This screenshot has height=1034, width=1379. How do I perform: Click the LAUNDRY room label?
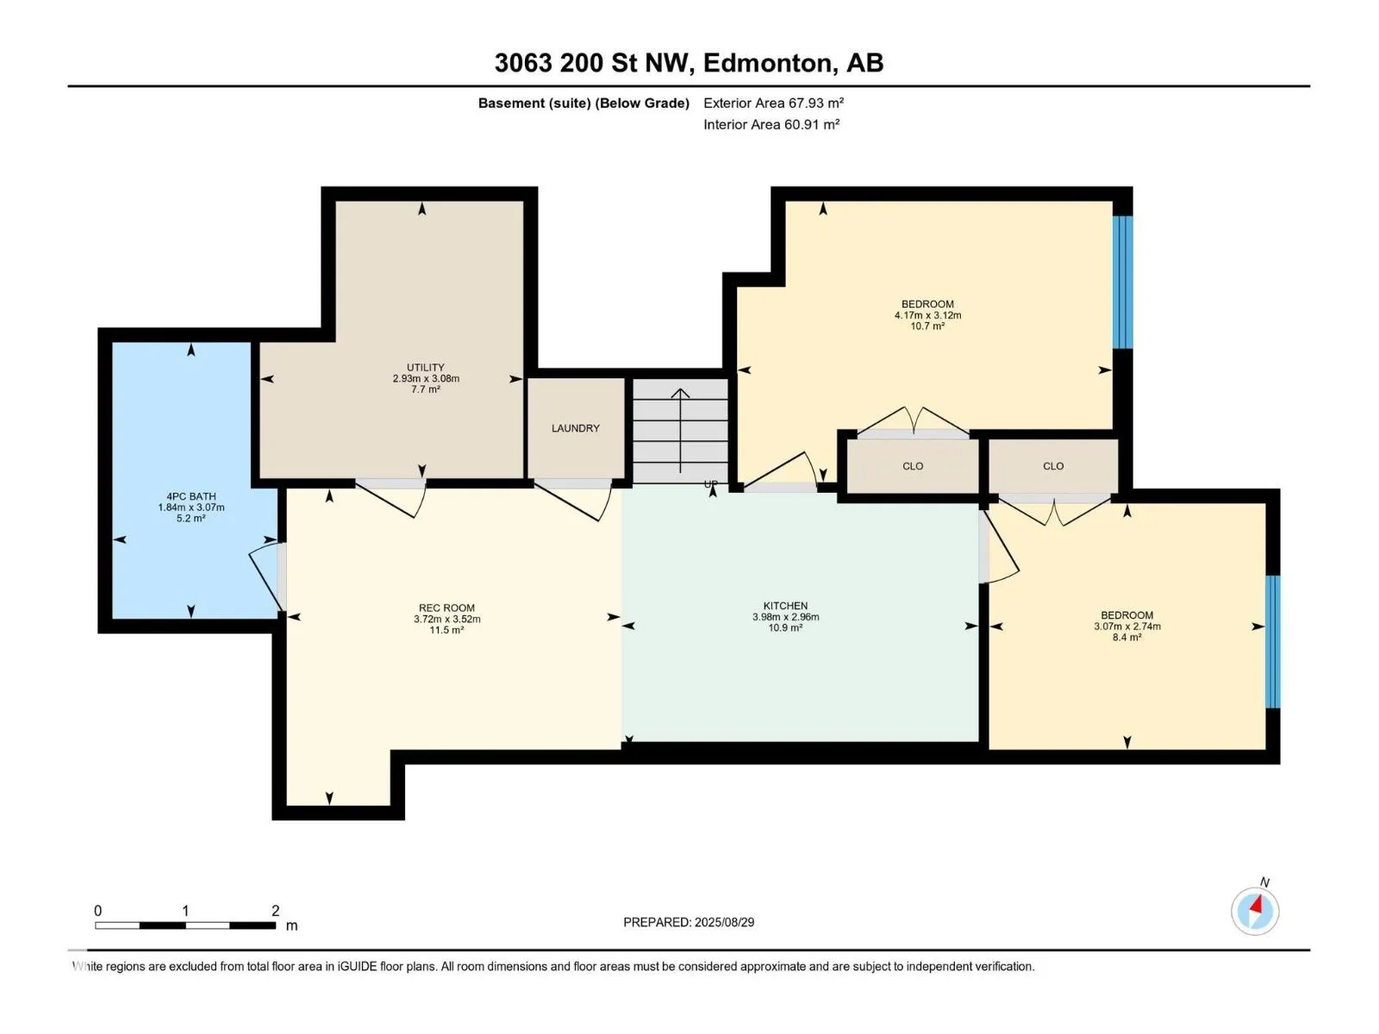click(575, 428)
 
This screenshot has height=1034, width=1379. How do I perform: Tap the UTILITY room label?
click(425, 367)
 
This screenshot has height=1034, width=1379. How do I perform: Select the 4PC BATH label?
click(191, 496)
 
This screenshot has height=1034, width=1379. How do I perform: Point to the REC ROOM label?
click(446, 607)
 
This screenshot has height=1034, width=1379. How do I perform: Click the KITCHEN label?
click(785, 606)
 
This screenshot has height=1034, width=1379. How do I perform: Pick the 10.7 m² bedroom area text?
click(927, 327)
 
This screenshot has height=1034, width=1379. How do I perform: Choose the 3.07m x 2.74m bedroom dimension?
click(1127, 626)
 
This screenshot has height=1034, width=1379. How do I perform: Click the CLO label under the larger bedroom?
click(912, 466)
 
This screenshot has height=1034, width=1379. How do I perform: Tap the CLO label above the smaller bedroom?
click(1053, 466)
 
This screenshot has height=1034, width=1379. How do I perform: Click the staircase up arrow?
click(680, 431)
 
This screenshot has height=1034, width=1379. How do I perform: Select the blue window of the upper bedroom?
click(1123, 282)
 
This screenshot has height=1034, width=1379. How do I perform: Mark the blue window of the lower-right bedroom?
click(1272, 642)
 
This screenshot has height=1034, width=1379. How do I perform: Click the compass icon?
click(1255, 912)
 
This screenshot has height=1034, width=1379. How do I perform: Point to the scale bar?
click(185, 925)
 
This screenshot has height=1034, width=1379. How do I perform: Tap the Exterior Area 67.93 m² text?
click(773, 103)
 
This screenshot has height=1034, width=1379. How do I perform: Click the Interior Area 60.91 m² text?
click(771, 124)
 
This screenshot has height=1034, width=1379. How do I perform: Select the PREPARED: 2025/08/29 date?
click(689, 922)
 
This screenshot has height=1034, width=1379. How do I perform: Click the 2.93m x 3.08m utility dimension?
click(426, 378)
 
